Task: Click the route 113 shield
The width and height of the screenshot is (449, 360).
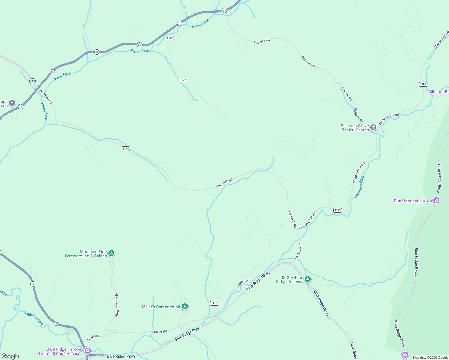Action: (32, 81)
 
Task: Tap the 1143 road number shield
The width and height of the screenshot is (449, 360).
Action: (126, 149)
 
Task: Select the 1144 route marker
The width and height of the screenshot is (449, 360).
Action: (214, 303)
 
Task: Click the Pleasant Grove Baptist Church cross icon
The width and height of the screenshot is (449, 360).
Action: (373, 127)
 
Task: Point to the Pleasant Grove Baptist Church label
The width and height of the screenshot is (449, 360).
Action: (355, 128)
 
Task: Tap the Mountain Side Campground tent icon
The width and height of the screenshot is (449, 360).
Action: (111, 253)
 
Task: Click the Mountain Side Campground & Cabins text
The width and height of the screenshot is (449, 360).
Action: (86, 254)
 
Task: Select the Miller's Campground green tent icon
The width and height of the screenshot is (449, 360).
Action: (185, 307)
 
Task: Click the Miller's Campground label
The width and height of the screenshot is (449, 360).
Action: (161, 307)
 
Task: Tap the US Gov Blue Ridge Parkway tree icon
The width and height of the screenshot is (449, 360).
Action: (307, 279)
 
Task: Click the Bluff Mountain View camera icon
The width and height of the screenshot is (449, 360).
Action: (436, 201)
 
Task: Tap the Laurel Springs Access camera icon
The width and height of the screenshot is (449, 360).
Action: (87, 350)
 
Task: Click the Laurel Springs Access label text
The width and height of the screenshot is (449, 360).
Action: (60, 352)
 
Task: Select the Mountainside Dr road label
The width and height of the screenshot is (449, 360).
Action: (116, 305)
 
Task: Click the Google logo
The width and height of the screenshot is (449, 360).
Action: (10, 356)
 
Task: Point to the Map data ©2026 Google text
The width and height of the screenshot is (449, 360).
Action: (430, 358)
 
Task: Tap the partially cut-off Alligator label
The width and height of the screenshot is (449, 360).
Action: (438, 92)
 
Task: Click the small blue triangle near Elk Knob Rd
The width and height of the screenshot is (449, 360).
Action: (282, 225)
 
